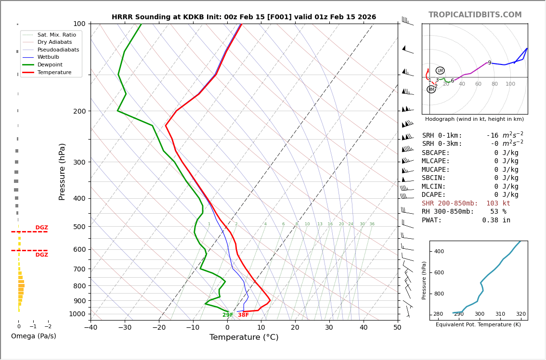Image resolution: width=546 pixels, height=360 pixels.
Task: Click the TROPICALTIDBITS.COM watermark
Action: (x=475, y=15)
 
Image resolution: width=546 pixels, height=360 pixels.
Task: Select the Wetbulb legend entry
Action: (x=48, y=57)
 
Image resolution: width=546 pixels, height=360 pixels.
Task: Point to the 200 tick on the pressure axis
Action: (x=79, y=111)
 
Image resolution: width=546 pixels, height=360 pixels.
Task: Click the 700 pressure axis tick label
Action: (x=79, y=269)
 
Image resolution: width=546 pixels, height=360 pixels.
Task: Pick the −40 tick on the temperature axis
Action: (x=91, y=328)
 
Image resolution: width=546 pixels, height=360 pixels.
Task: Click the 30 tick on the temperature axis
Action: (x=329, y=328)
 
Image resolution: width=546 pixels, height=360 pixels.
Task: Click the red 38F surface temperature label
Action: (x=244, y=315)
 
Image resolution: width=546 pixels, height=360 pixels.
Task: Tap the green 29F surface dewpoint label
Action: (x=228, y=315)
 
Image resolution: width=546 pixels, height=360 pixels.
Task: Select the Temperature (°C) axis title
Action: (x=244, y=338)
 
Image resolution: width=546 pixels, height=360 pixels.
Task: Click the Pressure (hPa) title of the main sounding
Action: (x=63, y=171)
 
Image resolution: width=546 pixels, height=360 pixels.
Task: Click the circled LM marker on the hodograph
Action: (x=440, y=71)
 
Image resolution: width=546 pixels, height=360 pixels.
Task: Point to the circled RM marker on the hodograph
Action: (x=431, y=90)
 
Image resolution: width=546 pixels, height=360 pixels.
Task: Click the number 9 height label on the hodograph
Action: (x=490, y=63)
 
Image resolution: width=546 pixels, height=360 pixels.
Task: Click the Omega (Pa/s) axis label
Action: (x=34, y=336)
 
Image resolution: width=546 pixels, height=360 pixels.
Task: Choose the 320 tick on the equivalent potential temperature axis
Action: (x=521, y=314)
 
